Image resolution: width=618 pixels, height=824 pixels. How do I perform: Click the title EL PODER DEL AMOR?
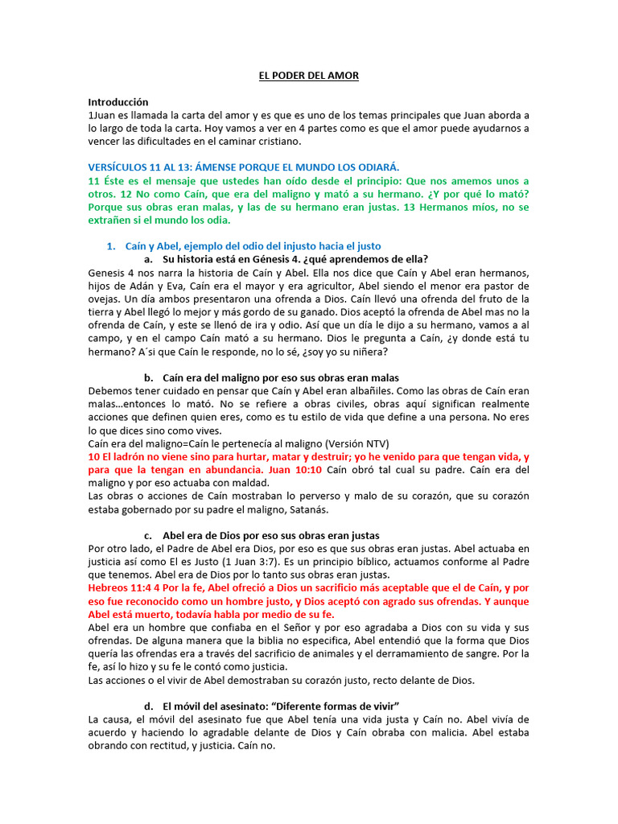tap(308, 76)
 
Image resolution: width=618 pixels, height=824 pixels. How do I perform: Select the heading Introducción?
tap(118, 102)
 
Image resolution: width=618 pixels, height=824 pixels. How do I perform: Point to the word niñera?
tap(369, 352)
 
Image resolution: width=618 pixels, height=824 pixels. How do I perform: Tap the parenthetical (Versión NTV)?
tap(319, 443)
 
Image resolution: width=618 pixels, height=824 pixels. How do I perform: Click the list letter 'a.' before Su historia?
tap(148, 259)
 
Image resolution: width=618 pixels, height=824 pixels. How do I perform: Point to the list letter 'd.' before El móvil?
tap(148, 706)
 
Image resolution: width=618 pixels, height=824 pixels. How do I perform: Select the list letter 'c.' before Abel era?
tap(148, 535)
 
